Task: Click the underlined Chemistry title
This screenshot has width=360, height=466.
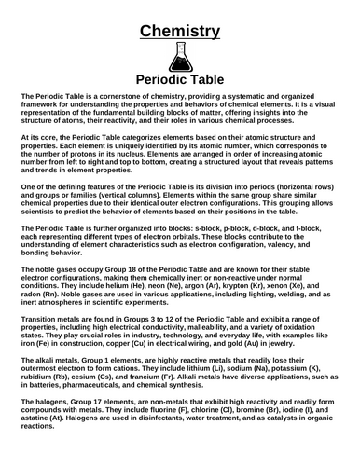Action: [x=180, y=32]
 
